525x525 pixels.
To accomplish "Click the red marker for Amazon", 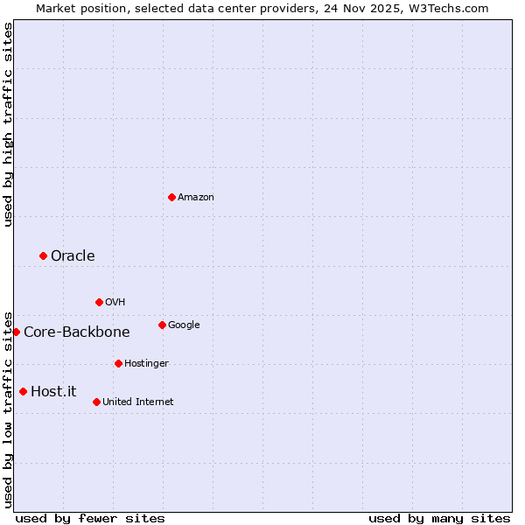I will click(x=171, y=197).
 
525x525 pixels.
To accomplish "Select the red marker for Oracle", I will click(x=43, y=255).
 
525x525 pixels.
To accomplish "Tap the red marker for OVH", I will click(x=99, y=302).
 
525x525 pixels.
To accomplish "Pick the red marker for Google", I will click(x=162, y=325).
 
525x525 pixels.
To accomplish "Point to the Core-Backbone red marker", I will click(x=16, y=332).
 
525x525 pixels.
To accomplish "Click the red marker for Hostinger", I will click(x=118, y=363).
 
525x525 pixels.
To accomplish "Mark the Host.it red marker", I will click(x=23, y=391).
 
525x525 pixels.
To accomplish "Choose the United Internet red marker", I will click(x=96, y=402).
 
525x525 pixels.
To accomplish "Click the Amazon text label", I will click(x=195, y=198).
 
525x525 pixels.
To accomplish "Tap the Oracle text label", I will click(x=73, y=255).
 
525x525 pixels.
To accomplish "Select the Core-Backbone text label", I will click(x=76, y=332).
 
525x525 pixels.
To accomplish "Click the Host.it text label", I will click(x=53, y=391).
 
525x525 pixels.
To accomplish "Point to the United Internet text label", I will click(x=137, y=402).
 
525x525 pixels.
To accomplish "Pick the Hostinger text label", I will click(x=146, y=363).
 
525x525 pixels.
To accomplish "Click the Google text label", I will click(x=184, y=325).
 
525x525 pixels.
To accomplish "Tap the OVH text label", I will click(x=115, y=303).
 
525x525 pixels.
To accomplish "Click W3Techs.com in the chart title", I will click(x=445, y=8).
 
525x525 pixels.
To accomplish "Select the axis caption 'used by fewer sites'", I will click(x=90, y=518).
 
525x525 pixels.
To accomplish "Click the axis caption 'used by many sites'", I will click(x=439, y=518).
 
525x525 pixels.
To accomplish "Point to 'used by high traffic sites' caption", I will click(x=8, y=124).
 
